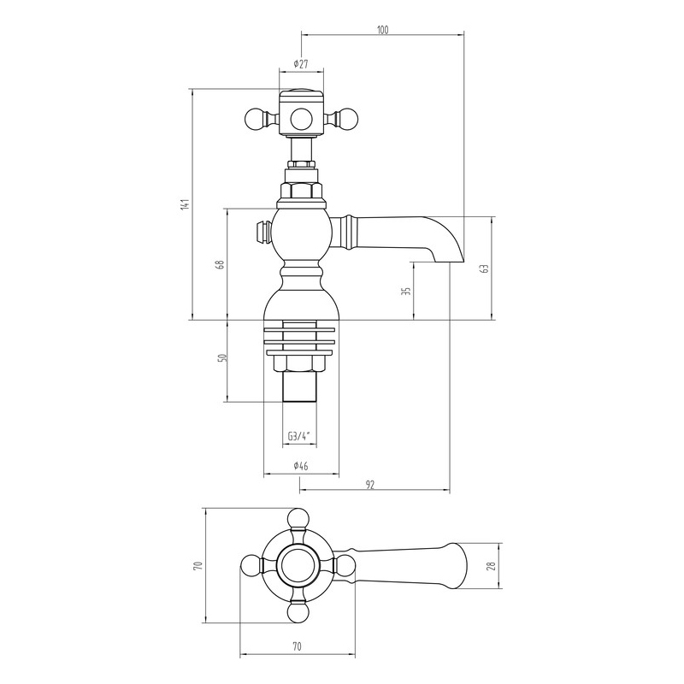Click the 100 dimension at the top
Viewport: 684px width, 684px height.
(382, 30)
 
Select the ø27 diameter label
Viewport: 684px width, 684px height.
(301, 63)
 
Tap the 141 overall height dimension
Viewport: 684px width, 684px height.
(185, 204)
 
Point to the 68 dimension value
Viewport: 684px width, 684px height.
(221, 264)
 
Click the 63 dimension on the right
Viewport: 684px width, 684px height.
(484, 268)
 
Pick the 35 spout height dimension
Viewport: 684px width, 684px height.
(405, 292)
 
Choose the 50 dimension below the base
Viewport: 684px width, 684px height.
(223, 357)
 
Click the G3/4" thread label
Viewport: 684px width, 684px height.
(298, 435)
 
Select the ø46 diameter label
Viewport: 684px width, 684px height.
(301, 466)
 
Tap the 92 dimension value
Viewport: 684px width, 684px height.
(370, 484)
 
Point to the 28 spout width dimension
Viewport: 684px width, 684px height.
(492, 566)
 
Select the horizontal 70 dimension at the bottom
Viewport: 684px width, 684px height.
(297, 646)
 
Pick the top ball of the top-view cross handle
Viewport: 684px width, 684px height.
(298, 518)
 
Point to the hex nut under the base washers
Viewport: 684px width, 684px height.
(299, 364)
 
